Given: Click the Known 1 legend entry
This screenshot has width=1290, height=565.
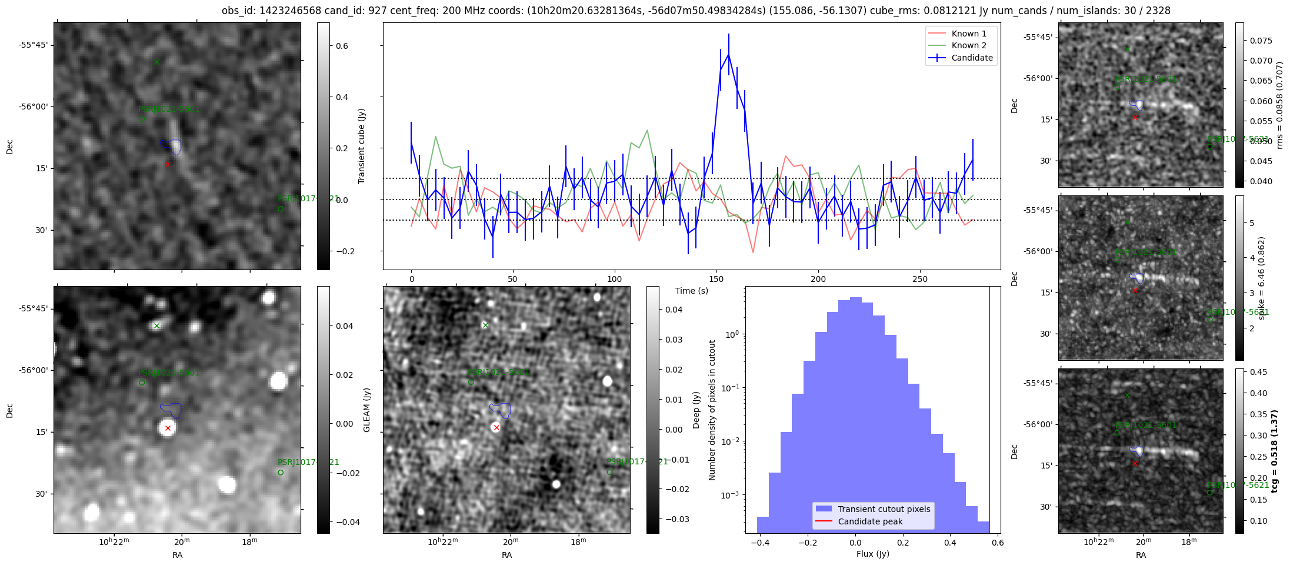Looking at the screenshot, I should coord(968,34).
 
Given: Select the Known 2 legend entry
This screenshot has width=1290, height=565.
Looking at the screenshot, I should coord(968,45).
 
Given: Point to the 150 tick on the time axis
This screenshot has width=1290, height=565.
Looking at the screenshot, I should coord(716,279).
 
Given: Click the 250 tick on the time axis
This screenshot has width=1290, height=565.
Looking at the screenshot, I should coord(920,279).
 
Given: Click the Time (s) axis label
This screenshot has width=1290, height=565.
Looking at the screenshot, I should coord(691,291).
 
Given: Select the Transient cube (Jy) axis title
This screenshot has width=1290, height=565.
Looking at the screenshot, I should coord(361,146).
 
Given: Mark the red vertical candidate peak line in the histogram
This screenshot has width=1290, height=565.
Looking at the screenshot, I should coord(989,412).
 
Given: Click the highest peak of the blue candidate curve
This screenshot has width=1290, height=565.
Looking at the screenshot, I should coord(729,54).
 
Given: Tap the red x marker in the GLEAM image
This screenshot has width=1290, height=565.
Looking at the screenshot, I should coord(168,428).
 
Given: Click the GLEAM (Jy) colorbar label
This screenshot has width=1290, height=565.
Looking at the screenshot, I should coord(367,410).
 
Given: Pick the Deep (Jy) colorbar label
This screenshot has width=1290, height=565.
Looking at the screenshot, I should coord(696,410).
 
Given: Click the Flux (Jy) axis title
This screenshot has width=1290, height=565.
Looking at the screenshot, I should coord(872,554).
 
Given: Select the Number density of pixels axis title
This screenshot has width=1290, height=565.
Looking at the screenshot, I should coord(712,410).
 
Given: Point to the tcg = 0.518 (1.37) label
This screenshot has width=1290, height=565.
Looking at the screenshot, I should coord(1274,451).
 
